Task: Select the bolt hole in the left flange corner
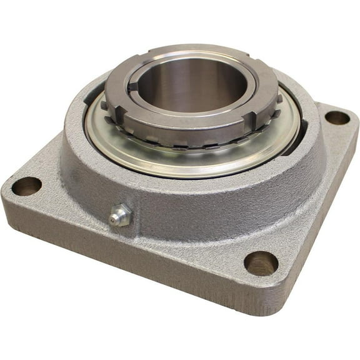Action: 26,186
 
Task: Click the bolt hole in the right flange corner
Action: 337,117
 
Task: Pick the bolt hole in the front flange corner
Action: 261,263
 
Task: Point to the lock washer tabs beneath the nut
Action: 187,142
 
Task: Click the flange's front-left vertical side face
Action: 125,262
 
